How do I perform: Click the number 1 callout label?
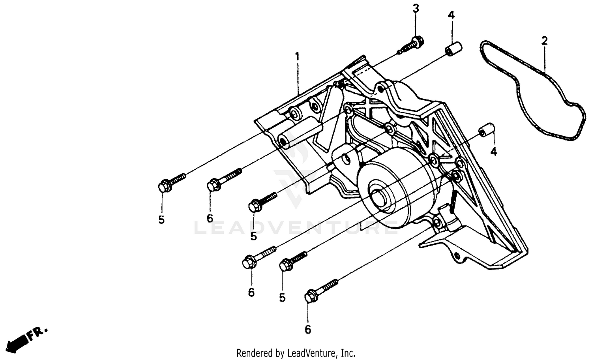coord(297,57)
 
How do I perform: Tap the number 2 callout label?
coord(544,41)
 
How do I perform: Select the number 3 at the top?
coord(415,8)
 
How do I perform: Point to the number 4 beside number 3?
coord(451,15)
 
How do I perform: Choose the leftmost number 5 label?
coord(161,220)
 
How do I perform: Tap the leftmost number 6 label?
coord(210,218)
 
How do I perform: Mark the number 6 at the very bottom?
coord(308,329)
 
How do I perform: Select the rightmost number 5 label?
coord(282,298)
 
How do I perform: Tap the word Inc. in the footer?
coord(348,352)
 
